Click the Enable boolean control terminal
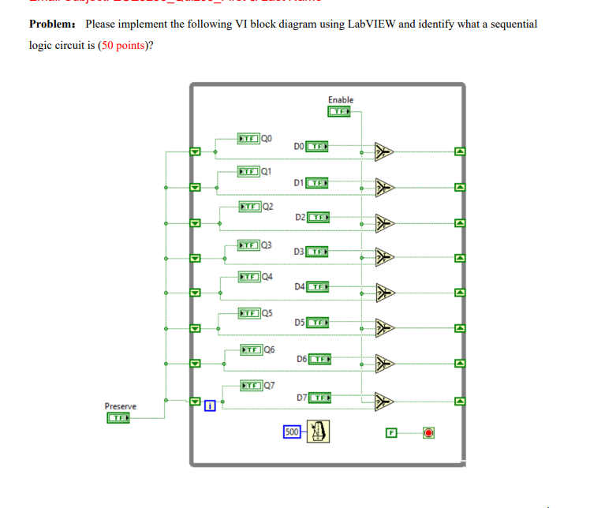[340, 112]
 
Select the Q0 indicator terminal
[248, 140]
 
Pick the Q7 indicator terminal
[252, 385]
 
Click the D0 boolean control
[318, 147]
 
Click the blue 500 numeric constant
[291, 431]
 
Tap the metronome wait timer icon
[318, 431]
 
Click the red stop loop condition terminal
[428, 432]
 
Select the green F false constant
[390, 432]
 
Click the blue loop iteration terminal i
[210, 407]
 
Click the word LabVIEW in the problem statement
[370, 24]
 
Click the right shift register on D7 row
[461, 402]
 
